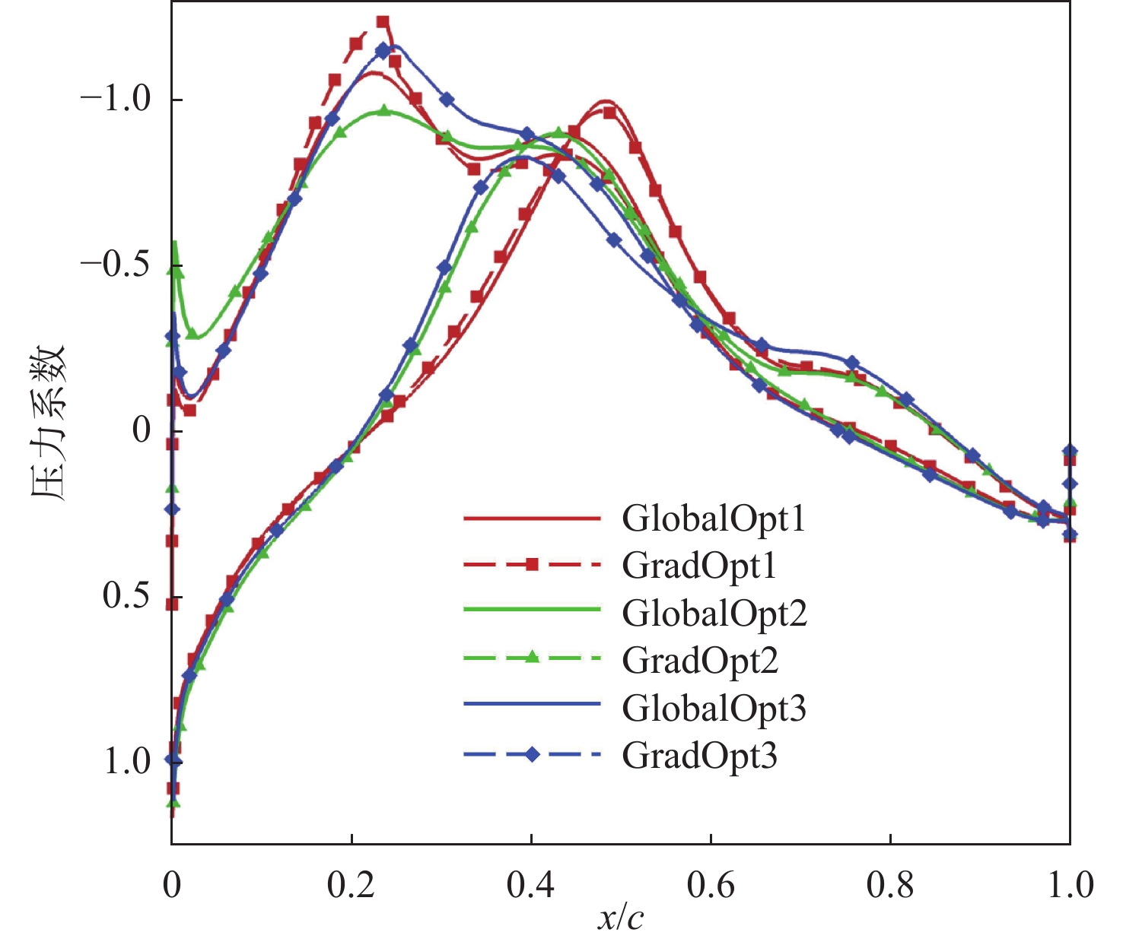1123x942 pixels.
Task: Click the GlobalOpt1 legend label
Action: [713, 519]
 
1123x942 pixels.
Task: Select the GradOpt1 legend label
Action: [699, 566]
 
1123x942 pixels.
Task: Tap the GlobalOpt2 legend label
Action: [714, 613]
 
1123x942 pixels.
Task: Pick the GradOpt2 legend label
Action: [700, 660]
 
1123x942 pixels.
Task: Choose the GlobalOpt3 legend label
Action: [714, 708]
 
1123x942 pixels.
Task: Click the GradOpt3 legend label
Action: [700, 755]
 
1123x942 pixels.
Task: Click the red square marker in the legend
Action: [532, 564]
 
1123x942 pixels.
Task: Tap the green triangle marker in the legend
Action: [532, 657]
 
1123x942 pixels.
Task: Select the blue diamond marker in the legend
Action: [532, 754]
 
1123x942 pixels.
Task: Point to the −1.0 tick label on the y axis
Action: [116, 100]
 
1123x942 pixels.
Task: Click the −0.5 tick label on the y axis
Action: [116, 265]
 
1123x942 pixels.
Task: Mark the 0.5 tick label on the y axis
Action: [126, 596]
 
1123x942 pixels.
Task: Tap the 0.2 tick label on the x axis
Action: [351, 886]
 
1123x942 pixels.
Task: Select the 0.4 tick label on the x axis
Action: [531, 886]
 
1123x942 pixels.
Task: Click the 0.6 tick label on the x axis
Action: [711, 886]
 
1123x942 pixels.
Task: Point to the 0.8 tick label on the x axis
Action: [890, 886]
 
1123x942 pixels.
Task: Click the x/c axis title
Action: [620, 918]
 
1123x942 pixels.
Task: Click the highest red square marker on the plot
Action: [383, 22]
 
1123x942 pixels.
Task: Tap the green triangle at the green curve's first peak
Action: [384, 110]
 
